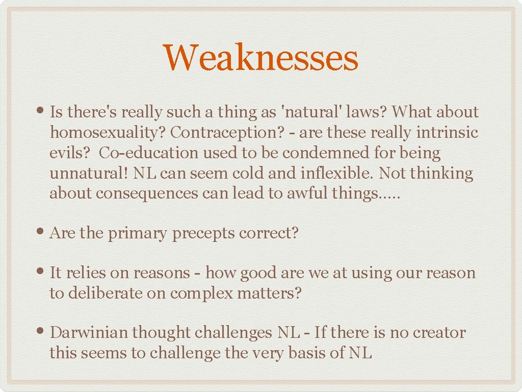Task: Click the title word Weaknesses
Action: click(x=260, y=58)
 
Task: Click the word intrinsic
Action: click(x=447, y=133)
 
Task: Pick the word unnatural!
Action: click(x=89, y=174)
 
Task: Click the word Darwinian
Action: click(x=89, y=333)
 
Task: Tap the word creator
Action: click(x=439, y=333)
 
